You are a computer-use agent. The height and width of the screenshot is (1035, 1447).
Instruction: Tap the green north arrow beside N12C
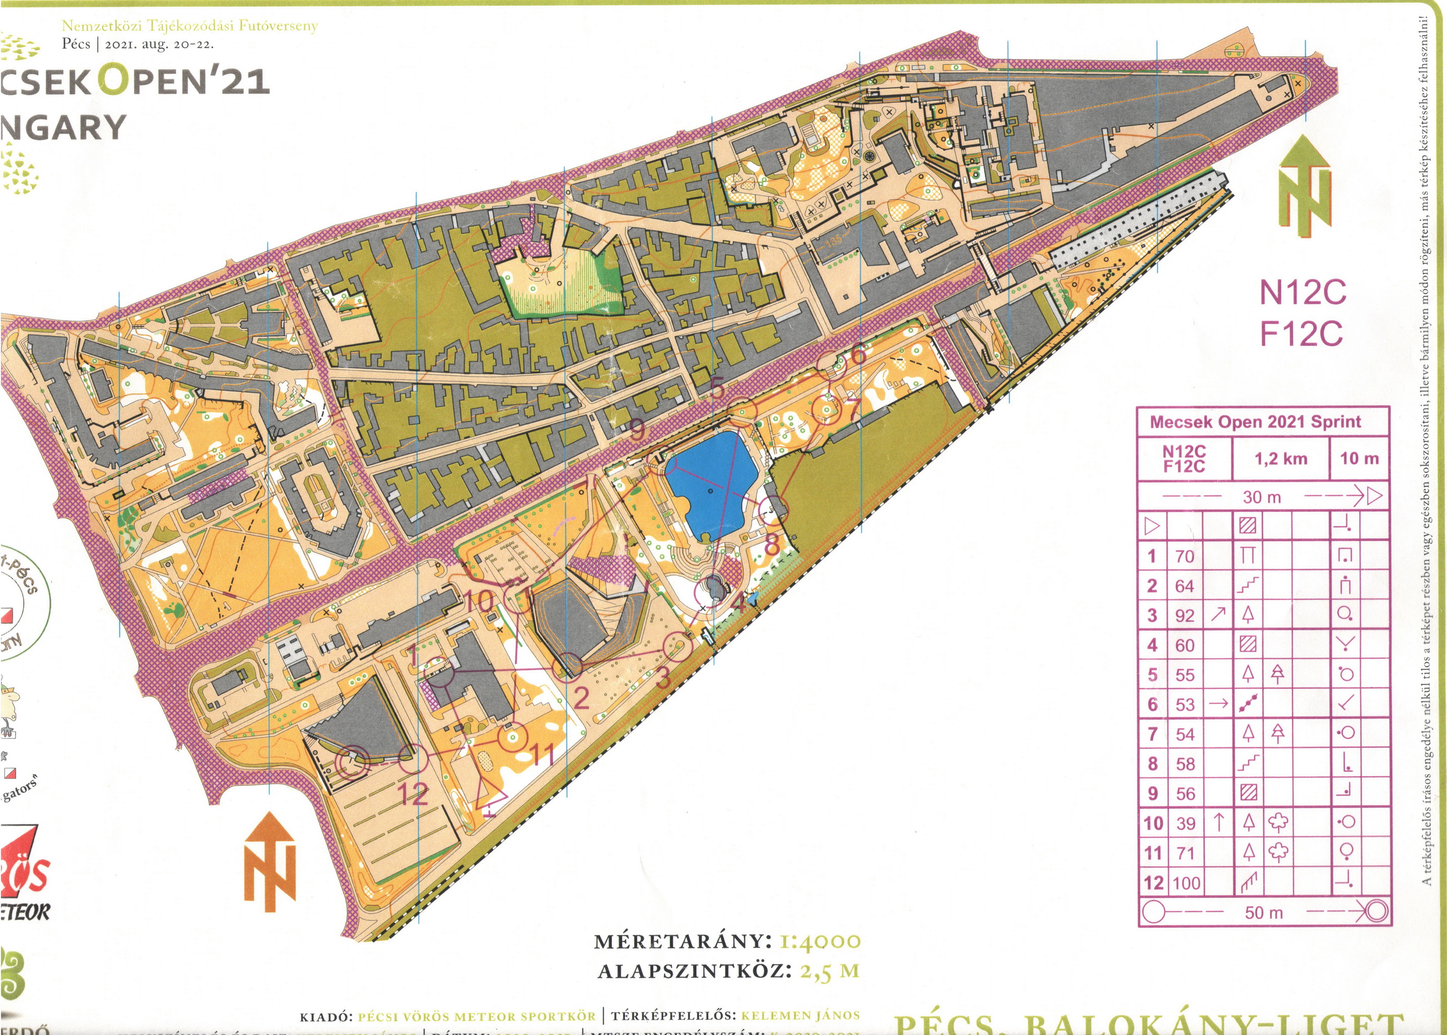click(1305, 185)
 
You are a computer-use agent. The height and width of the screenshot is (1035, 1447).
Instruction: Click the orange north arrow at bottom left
click(270, 860)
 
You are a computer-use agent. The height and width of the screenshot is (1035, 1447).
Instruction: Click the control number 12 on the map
click(412, 794)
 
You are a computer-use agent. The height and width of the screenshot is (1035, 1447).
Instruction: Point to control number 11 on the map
click(542, 756)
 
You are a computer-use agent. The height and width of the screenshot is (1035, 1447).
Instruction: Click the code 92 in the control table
click(1185, 616)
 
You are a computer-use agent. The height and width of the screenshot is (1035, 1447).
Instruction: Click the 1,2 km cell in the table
click(1281, 458)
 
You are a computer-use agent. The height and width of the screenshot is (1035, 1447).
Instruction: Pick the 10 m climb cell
click(1359, 458)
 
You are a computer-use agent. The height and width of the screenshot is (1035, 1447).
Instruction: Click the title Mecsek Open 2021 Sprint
click(1255, 422)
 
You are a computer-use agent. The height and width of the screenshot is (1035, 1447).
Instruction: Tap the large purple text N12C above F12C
click(1302, 292)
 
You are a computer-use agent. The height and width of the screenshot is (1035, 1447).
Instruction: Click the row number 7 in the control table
click(1152, 734)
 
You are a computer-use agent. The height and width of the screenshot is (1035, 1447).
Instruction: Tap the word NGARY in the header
click(64, 127)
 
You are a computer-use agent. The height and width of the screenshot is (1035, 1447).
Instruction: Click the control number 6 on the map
click(858, 354)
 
